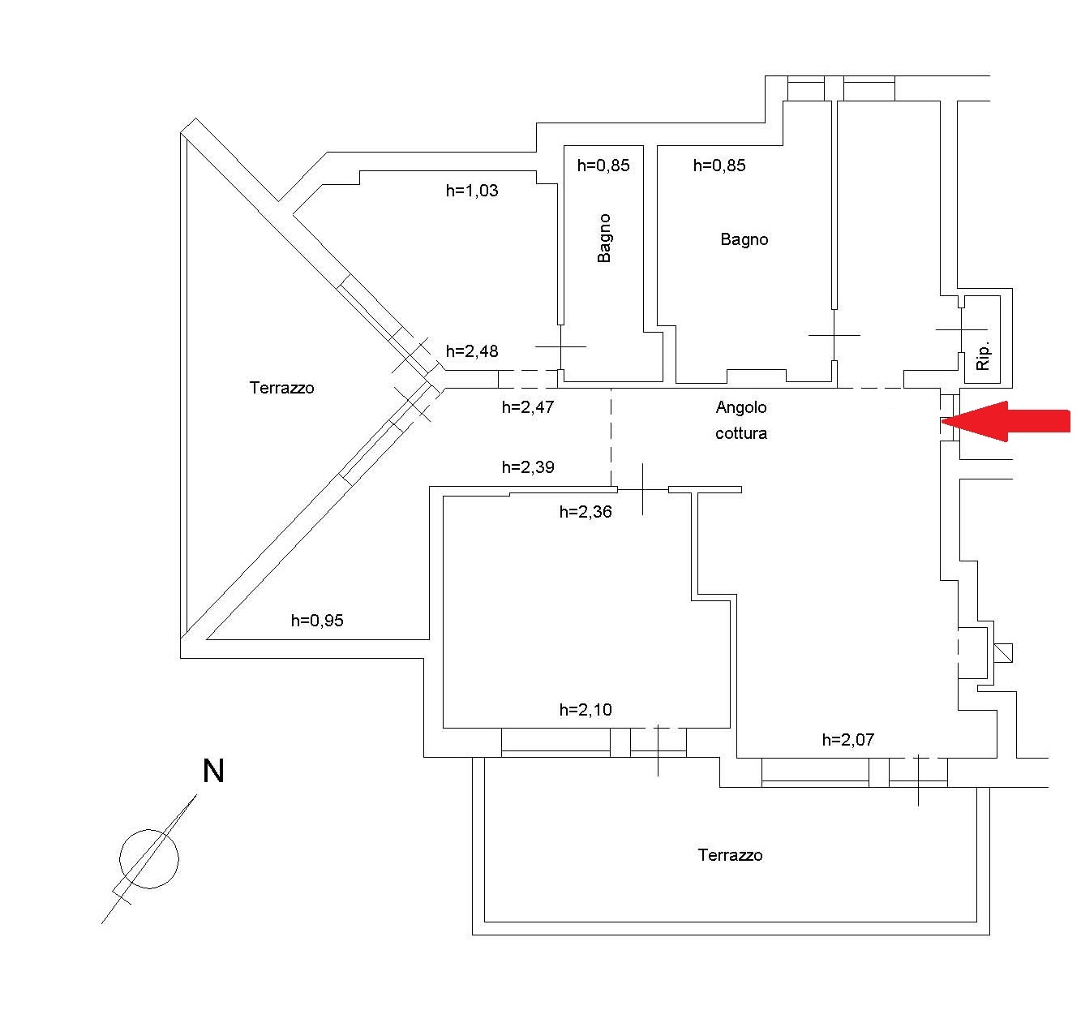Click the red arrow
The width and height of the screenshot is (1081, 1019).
[1010, 421]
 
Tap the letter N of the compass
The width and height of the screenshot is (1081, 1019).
[212, 771]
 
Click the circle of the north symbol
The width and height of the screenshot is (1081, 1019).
[149, 859]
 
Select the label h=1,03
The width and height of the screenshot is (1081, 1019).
[472, 191]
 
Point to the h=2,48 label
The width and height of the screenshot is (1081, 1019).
[472, 351]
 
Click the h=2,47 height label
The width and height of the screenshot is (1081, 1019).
[528, 407]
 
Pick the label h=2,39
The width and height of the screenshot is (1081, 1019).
[528, 467]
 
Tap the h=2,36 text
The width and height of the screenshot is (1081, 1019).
[586, 512]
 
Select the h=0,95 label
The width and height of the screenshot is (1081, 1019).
[317, 621]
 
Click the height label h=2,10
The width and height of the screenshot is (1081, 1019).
[586, 710]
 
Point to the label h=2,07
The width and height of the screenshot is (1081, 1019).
[847, 740]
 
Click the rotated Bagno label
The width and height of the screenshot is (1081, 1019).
[604, 238]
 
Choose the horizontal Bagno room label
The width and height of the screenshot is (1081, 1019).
[744, 239]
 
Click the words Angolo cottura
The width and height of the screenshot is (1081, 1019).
[741, 420]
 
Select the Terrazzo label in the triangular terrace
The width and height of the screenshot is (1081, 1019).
[281, 388]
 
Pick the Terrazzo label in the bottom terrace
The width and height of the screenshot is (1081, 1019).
[730, 855]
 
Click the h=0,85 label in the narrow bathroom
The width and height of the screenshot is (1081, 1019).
[603, 166]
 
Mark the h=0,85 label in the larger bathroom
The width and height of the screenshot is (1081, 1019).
[719, 166]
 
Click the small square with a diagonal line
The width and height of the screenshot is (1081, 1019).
[1003, 652]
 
